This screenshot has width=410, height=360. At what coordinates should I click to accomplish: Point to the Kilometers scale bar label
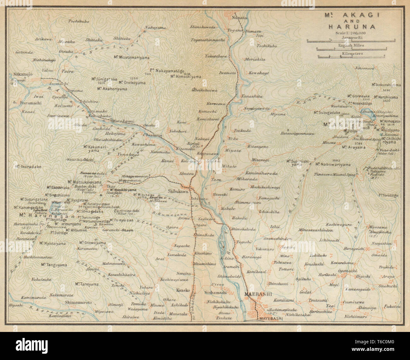(352, 54)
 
